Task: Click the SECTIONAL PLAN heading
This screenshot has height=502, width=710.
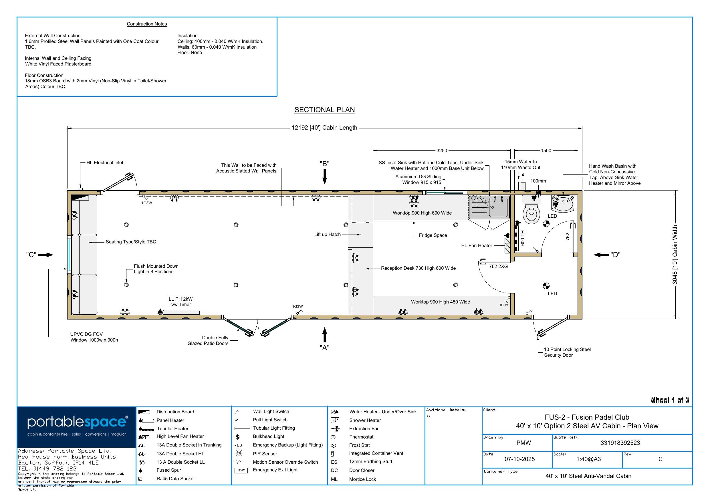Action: pyautogui.click(x=324, y=110)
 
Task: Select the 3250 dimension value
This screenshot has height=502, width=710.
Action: pyautogui.click(x=442, y=151)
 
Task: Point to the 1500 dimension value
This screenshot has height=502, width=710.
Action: pyautogui.click(x=546, y=151)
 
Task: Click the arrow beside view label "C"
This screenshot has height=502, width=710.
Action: pyautogui.click(x=45, y=255)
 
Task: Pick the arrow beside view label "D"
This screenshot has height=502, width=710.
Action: pyautogui.click(x=601, y=255)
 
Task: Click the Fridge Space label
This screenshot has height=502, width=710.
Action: pyautogui.click(x=433, y=235)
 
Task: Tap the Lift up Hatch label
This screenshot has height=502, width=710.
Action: pyautogui.click(x=328, y=235)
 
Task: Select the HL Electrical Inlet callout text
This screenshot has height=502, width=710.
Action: pyautogui.click(x=105, y=163)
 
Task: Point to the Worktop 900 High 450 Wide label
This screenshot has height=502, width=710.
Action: pyautogui.click(x=440, y=302)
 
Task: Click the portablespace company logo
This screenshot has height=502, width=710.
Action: pyautogui.click(x=77, y=427)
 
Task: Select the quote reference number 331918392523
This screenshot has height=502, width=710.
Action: pyautogui.click(x=620, y=443)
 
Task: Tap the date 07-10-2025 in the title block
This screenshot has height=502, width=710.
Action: pyautogui.click(x=519, y=459)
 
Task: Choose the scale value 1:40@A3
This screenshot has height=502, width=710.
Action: pyautogui.click(x=588, y=459)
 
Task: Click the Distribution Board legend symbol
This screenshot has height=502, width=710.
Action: pyautogui.click(x=144, y=412)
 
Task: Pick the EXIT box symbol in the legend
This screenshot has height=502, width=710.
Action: pyautogui.click(x=241, y=471)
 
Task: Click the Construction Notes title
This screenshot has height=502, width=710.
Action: pyautogui.click(x=147, y=24)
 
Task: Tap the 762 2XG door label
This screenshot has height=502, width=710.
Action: pyautogui.click(x=498, y=266)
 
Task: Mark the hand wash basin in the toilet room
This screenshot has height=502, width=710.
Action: pyautogui.click(x=563, y=204)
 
